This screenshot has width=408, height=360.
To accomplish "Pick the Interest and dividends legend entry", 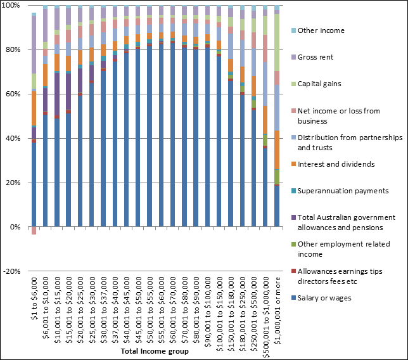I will click(x=336, y=164).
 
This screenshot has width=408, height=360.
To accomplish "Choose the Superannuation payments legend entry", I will click(x=343, y=191).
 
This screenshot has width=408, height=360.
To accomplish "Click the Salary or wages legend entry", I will click(x=324, y=298).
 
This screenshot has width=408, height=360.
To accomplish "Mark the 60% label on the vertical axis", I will click(x=14, y=94).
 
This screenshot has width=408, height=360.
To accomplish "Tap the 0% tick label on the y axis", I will click(x=16, y=227).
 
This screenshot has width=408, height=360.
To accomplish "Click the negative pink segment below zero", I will click(x=34, y=231).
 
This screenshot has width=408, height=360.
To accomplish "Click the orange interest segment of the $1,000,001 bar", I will click(x=277, y=150).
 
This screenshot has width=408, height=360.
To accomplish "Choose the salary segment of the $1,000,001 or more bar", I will click(x=277, y=206).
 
